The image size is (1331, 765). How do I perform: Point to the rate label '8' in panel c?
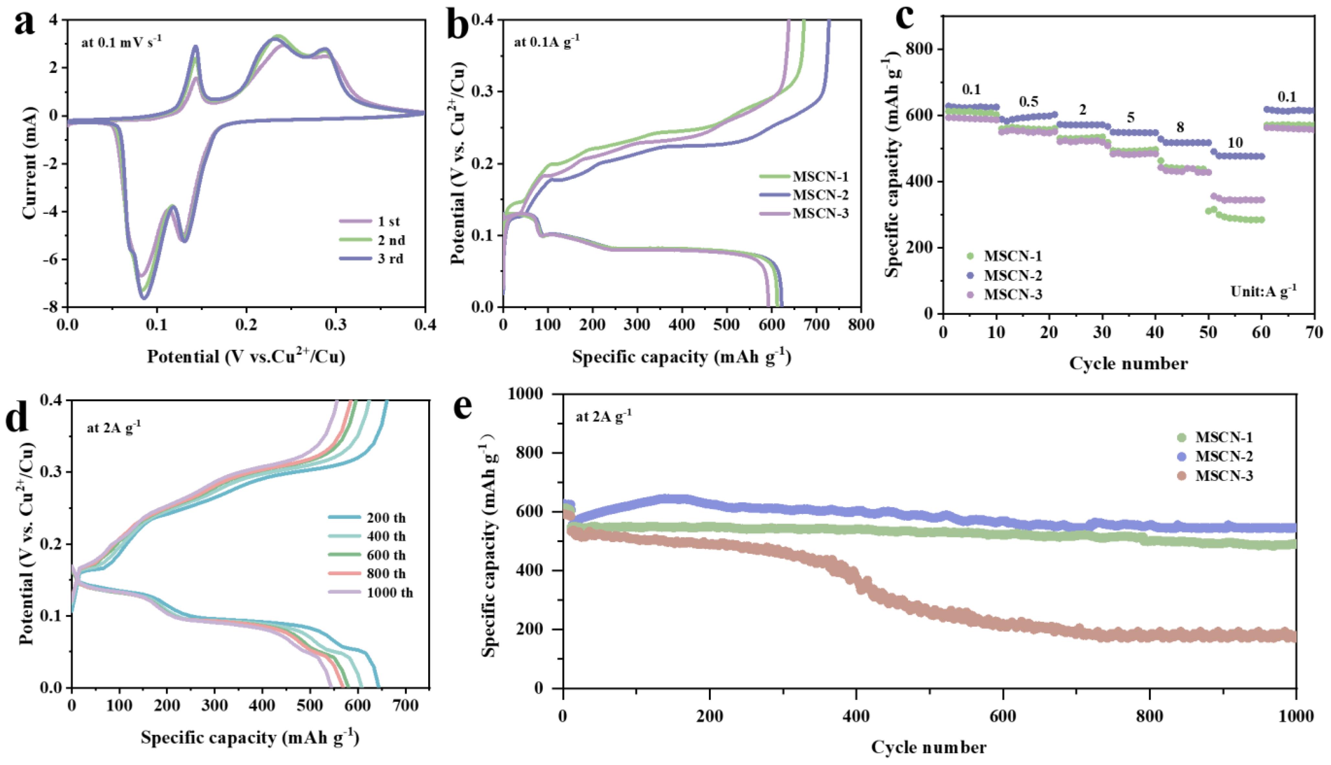[1180, 128]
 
